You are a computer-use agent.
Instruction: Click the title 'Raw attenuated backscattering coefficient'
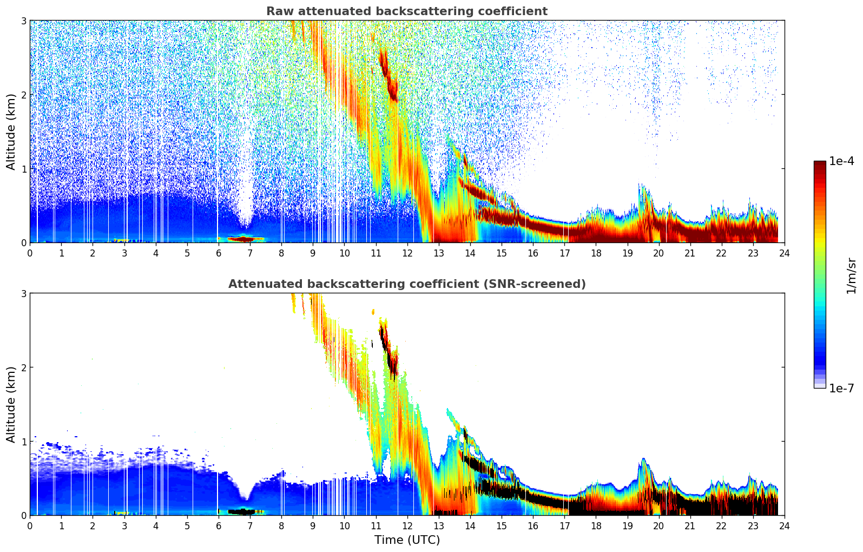click(x=406, y=11)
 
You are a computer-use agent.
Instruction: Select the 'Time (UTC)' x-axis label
click(x=407, y=540)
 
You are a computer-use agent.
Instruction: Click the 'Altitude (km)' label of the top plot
click(x=11, y=132)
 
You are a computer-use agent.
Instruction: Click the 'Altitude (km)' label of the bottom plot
click(x=11, y=404)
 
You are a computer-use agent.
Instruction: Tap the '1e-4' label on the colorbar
click(x=841, y=161)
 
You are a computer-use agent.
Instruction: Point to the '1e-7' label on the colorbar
click(x=841, y=388)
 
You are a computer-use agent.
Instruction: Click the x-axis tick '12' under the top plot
click(x=407, y=253)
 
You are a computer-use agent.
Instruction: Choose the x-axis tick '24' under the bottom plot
click(x=784, y=525)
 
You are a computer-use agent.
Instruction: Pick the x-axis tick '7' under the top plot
click(x=250, y=253)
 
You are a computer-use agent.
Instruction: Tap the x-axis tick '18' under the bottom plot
click(x=596, y=525)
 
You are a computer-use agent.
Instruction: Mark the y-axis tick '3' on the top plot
click(x=24, y=21)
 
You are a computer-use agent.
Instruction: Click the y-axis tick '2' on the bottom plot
click(x=24, y=367)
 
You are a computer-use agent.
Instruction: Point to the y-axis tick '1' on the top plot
click(x=24, y=169)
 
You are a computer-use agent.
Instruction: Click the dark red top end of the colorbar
click(x=819, y=163)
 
